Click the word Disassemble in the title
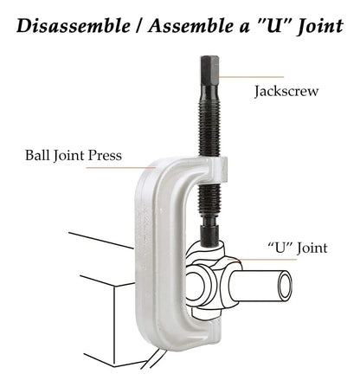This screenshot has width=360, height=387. point(74,26)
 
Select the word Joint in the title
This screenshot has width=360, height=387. point(320,26)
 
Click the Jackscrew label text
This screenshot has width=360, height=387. point(286,92)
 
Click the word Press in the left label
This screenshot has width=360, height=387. point(105,155)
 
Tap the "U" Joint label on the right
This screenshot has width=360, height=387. point(298,248)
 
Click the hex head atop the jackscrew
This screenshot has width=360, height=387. point(209,69)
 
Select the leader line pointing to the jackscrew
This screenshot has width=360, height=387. point(249,77)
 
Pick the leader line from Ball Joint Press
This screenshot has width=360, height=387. point(121,167)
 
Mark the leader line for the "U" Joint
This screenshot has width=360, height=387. point(262,260)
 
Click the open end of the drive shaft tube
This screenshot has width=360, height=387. point(285,287)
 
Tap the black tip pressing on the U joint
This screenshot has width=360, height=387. point(209,235)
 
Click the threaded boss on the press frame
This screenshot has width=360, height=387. point(218,171)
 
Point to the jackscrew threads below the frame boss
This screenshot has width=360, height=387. point(209,200)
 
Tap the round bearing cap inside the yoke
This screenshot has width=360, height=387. point(196,287)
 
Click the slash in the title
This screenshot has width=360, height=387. point(139,26)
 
